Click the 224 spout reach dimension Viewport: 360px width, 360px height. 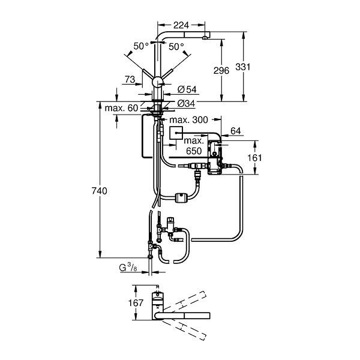pos(181,25)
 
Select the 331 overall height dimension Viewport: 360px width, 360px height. pos(243,67)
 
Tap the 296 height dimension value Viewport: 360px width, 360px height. pos(221,70)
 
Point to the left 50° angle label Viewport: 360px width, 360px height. pos(141,46)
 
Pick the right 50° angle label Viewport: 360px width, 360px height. pos(176,47)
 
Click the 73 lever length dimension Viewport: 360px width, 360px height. pos(130,79)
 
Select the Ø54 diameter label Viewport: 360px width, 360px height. pos(187,89)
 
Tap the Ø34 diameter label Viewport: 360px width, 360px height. pos(186,104)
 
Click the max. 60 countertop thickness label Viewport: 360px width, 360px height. pos(121,108)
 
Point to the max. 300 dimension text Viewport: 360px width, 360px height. pos(188,119)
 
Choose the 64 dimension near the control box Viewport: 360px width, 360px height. pos(236,131)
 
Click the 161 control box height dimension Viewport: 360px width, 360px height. pos(255,158)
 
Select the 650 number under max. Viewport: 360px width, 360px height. pos(194,151)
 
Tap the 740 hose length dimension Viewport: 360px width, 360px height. pos(100,191)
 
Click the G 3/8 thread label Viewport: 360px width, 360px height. pos(128,268)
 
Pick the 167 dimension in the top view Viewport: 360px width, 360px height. pos(136,303)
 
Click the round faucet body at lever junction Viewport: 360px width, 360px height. pos(157,82)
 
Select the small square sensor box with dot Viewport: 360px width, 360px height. pos(176,133)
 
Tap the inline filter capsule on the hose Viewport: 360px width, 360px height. pos(181,197)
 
